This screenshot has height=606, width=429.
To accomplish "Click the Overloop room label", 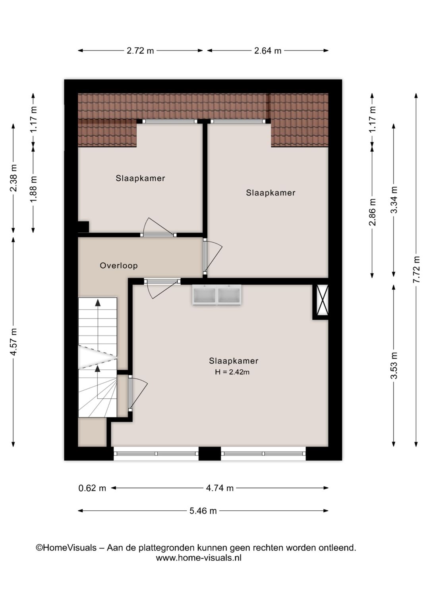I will pos(118,266).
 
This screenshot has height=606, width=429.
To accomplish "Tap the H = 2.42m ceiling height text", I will pos(232,372).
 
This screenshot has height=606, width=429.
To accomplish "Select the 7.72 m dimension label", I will pos(416,270).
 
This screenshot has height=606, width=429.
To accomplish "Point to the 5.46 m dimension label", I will pos(203,511).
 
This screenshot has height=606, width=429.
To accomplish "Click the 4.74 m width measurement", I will pos(220,488).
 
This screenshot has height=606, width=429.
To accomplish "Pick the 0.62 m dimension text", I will pos(92,488).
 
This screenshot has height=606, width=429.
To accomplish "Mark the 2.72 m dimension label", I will pos(140,51).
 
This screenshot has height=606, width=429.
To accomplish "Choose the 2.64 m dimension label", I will pos(268,51).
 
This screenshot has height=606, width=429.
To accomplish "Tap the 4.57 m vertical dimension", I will pos(14,342).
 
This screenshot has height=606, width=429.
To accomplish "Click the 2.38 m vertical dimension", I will pos(14,183).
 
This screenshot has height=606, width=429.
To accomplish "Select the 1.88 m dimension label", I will pos(33,189).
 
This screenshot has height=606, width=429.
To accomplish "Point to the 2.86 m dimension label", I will pos(372,212).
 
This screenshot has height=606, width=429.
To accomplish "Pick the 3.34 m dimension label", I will pos(394,200).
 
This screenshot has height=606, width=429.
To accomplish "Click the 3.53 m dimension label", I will pos(394,366).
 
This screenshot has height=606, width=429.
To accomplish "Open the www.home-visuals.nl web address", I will pos(199,558).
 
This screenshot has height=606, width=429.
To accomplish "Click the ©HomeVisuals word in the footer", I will pos(66,548).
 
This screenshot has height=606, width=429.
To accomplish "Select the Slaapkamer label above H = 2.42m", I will pos(234,361).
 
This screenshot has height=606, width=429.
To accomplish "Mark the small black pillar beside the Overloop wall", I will pos(83,227).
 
